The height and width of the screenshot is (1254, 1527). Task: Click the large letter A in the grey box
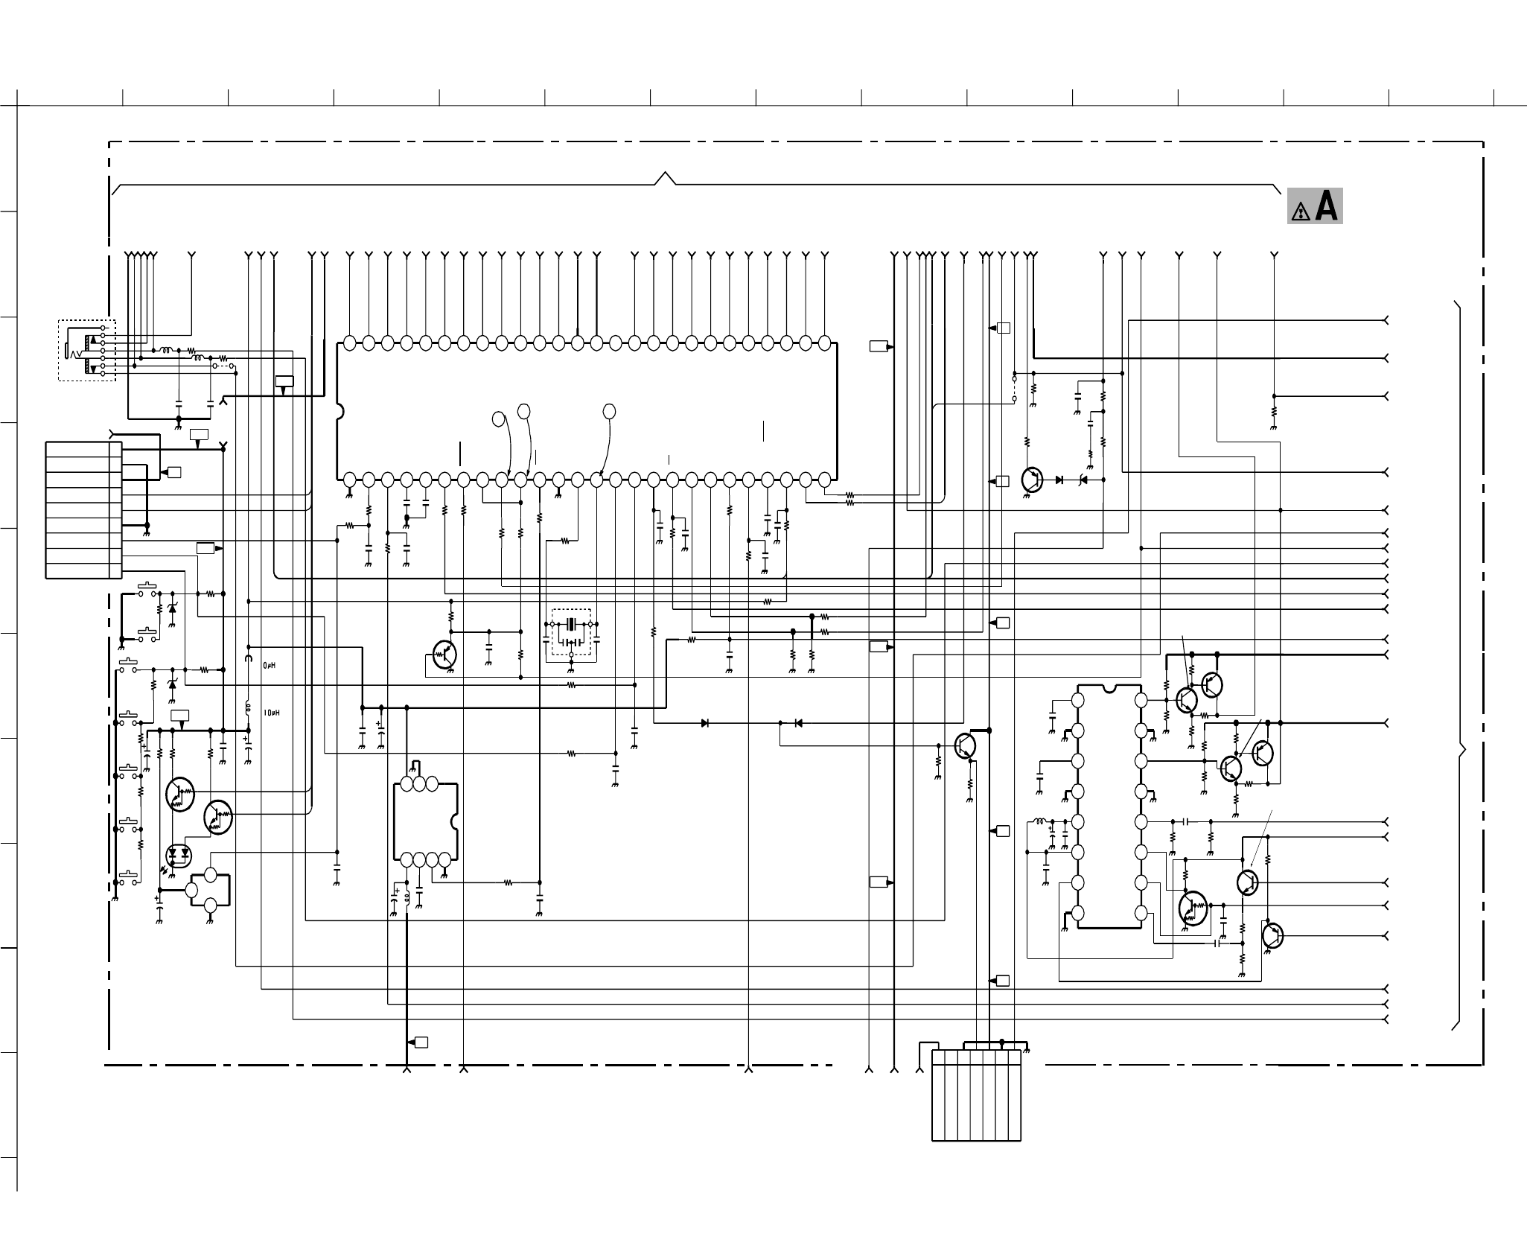[x=1326, y=206]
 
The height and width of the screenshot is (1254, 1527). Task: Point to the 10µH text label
[x=272, y=713]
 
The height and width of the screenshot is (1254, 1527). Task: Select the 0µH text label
[x=270, y=666]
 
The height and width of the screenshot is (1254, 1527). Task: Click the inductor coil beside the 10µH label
[x=249, y=709]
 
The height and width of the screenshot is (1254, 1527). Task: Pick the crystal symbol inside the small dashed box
[x=571, y=623]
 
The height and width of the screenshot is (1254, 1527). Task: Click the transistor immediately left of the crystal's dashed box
[x=444, y=655]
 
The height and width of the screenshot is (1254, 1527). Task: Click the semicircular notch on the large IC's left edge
[x=340, y=411]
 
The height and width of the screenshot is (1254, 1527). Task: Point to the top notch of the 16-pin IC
[x=1109, y=689]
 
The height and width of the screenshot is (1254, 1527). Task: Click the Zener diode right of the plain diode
[x=1083, y=480]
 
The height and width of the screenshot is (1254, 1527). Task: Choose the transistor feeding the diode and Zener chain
[x=1032, y=480]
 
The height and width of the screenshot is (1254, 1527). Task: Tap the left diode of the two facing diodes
[x=705, y=722]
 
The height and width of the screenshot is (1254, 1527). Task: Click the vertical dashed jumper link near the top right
[x=1014, y=388]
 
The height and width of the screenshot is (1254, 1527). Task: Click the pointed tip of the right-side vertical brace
[x=1464, y=751]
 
